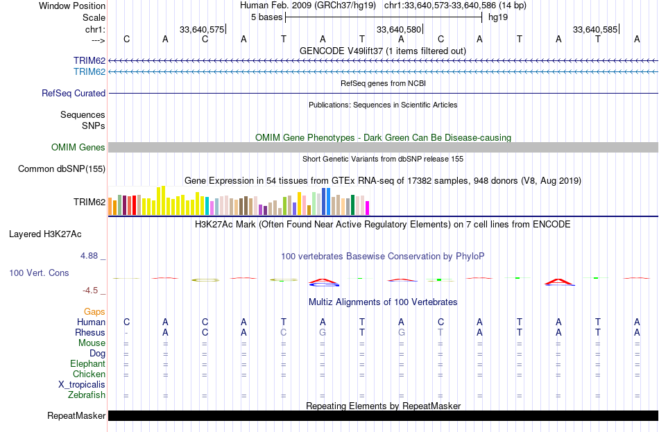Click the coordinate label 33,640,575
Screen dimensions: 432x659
[x=201, y=30]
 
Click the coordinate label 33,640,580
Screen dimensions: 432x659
[x=398, y=30]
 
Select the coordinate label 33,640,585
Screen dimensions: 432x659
[x=595, y=30]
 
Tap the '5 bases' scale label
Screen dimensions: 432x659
[x=266, y=17]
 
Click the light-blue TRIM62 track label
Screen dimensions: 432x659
[x=89, y=71]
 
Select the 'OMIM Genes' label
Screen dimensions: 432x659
[x=78, y=147]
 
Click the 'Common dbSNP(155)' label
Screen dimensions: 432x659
[x=62, y=169]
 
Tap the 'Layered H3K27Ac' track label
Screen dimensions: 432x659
[x=45, y=234]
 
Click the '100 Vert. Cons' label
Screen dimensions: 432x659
[x=39, y=273]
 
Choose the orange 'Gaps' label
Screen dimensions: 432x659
[x=94, y=312]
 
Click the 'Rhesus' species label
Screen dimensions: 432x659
[x=90, y=332]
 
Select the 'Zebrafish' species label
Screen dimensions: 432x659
[x=87, y=395]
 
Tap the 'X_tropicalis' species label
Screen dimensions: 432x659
[x=82, y=384]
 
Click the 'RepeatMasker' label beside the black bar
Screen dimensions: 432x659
[x=76, y=416]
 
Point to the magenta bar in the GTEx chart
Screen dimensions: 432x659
[x=368, y=208]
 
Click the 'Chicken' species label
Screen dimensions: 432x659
[x=89, y=374]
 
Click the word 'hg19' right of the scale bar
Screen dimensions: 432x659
[x=498, y=17]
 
